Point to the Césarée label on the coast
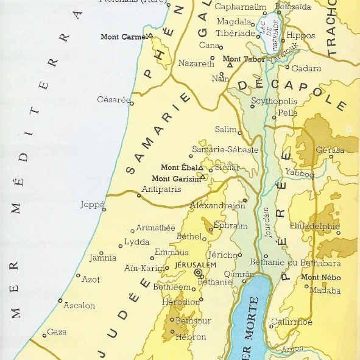(114, 99)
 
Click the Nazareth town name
(196, 63)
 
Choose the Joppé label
(93, 205)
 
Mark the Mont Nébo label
(322, 277)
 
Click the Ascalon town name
(79, 305)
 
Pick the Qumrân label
(238, 274)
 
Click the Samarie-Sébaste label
(225, 149)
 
